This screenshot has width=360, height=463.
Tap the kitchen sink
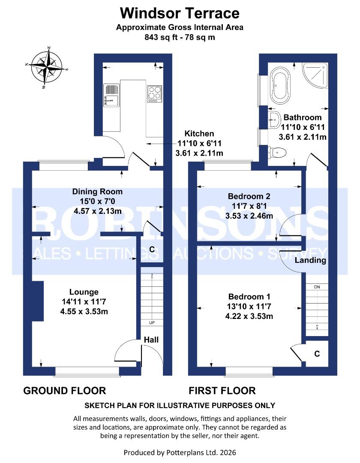pos(111,96)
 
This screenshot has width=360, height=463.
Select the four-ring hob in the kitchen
pos(154,93)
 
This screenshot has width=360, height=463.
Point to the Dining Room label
pos(97,192)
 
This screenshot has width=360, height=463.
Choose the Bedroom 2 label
pos(249,196)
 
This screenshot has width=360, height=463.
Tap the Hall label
pos(151,340)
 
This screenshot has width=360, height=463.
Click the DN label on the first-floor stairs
pos(317,286)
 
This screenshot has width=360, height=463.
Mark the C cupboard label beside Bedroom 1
pos(317,354)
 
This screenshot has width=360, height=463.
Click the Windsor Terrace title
pos(180,13)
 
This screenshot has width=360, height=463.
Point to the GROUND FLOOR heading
pos(64,391)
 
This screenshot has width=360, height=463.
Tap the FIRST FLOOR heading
pos(222,391)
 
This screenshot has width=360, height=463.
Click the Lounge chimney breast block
pos(38,301)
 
